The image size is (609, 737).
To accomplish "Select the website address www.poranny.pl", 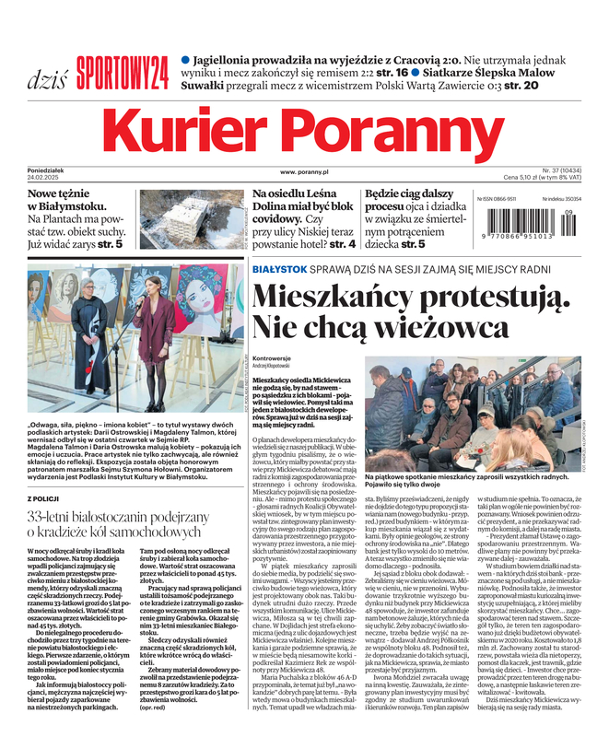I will coord(304,171).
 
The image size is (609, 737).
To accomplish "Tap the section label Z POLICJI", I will coord(46,497).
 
